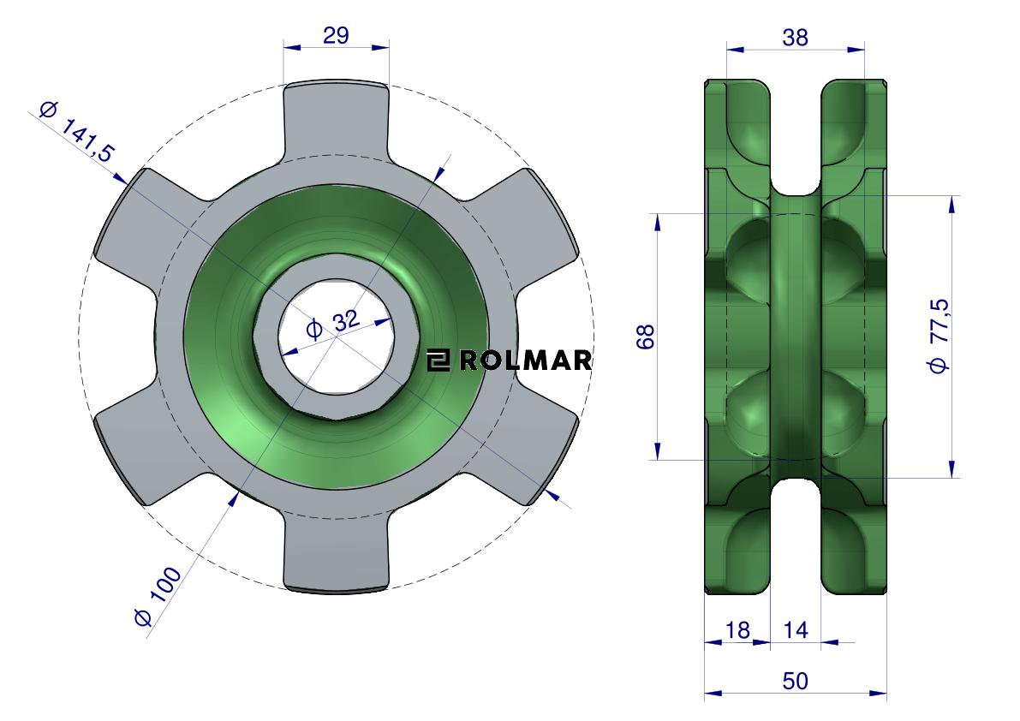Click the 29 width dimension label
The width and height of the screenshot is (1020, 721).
(x=336, y=35)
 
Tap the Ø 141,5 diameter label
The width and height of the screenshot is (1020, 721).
(x=77, y=132)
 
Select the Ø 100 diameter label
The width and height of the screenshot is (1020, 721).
(x=158, y=596)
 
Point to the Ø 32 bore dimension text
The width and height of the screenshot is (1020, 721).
(x=332, y=325)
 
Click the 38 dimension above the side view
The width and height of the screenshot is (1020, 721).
(x=795, y=38)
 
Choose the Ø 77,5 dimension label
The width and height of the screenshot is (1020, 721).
(x=939, y=337)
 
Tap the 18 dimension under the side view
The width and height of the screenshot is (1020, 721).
(x=737, y=629)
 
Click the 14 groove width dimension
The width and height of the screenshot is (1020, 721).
(x=795, y=629)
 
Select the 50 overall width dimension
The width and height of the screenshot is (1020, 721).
(x=795, y=681)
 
